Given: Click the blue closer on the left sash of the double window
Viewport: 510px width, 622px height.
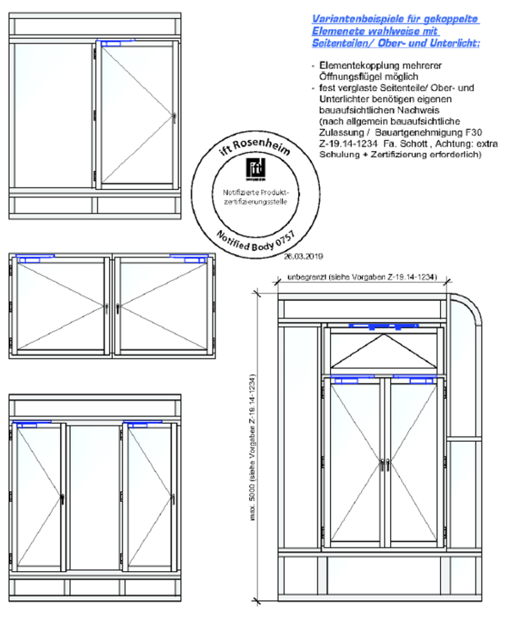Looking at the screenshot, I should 36,258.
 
